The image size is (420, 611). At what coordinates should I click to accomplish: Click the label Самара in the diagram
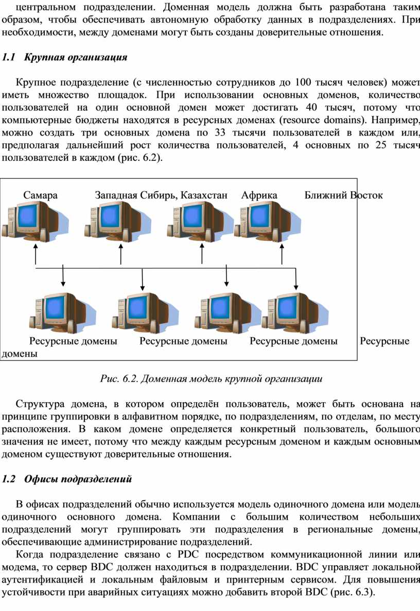pos(40,195)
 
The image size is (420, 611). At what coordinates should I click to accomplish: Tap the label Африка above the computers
pos(259,195)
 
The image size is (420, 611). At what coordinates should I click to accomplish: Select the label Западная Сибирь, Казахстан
pos(161,195)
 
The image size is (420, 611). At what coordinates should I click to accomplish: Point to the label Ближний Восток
pos(343,195)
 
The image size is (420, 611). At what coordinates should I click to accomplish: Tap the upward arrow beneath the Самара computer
pos(36,255)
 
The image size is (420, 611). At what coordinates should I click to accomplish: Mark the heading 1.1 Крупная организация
pos(64,57)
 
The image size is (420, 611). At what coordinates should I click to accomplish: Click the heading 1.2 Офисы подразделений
pos(67,479)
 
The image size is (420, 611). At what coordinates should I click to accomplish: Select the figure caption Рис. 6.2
pos(211,378)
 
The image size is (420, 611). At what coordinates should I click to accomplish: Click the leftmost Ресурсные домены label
pos(73,341)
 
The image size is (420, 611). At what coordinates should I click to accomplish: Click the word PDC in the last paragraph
pos(188,554)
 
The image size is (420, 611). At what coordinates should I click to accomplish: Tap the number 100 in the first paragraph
pos(303,82)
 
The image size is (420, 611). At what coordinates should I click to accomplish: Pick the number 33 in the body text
pos(220,133)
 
